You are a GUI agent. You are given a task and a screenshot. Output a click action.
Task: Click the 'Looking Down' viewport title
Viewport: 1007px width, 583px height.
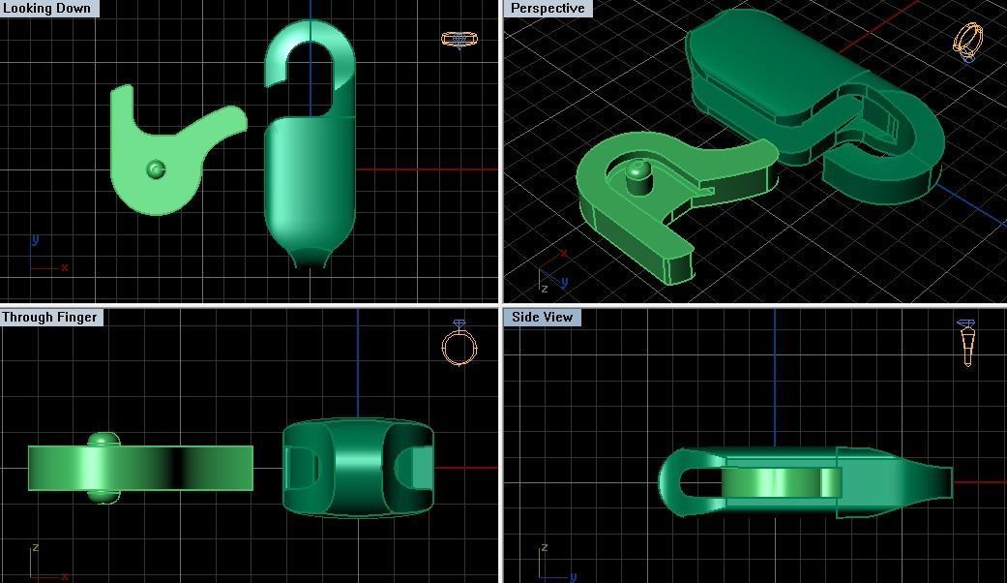pos(48,9)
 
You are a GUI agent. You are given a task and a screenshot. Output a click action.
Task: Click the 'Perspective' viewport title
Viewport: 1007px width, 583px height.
pos(548,9)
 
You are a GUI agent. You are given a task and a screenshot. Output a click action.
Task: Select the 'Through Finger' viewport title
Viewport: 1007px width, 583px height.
pos(50,317)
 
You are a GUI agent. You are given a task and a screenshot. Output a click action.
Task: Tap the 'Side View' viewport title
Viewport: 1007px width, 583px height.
pos(543,317)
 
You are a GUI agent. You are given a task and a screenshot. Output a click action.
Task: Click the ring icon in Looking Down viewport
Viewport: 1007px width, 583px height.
pos(459,40)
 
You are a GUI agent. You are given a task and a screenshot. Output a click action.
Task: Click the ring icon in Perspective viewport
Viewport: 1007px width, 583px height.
pos(968,42)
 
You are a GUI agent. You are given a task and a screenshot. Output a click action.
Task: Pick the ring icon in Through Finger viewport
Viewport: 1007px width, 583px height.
pos(459,344)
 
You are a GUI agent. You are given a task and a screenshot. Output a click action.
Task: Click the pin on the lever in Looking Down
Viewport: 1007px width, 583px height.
pos(156,170)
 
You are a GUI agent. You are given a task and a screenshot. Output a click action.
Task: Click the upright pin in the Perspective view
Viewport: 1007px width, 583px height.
pos(637,174)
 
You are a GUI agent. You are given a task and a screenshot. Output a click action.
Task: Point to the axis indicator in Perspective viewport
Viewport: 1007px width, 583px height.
pos(551,273)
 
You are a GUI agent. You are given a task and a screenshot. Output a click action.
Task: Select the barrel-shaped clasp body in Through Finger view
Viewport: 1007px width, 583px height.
pos(357,467)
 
